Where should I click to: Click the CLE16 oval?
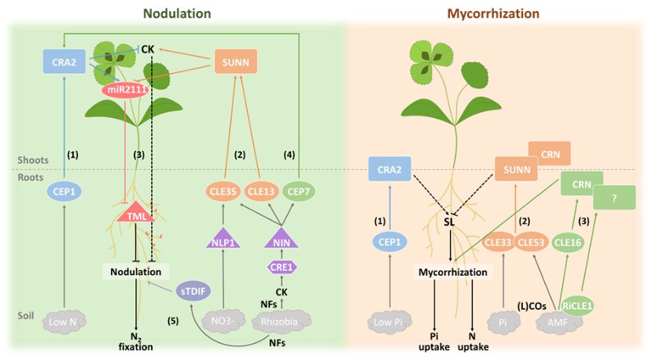[569, 243]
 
